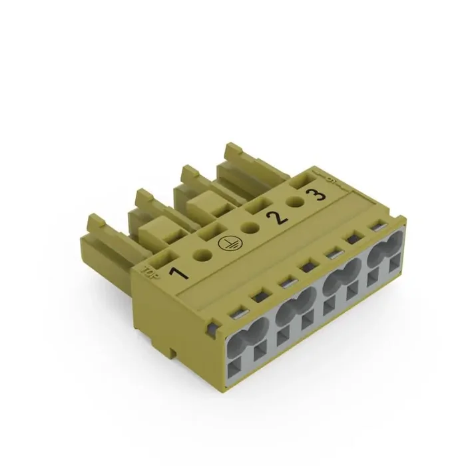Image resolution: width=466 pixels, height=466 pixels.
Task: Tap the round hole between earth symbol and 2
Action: [251, 228]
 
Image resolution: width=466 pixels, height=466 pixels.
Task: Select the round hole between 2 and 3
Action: [293, 204]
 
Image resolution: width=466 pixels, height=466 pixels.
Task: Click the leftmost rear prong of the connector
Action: [99, 230]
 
